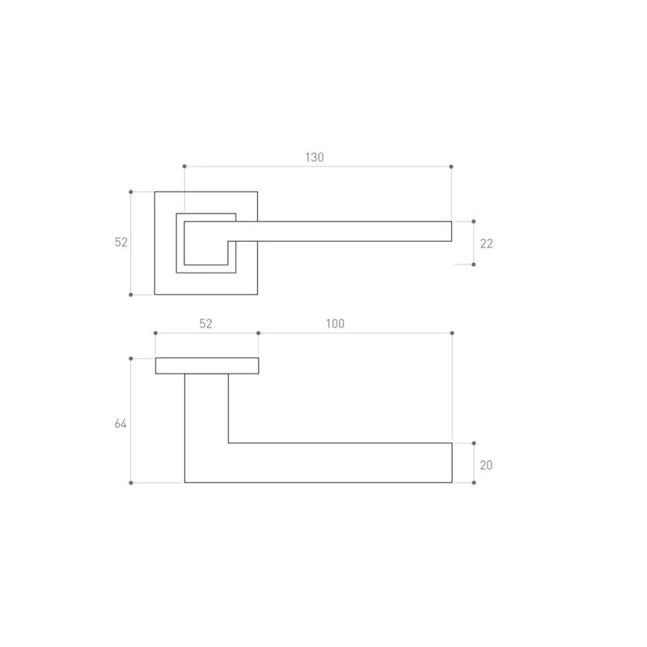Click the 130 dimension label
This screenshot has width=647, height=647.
(x=315, y=157)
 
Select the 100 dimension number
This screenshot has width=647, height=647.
(x=335, y=324)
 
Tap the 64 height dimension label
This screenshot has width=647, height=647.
(x=121, y=424)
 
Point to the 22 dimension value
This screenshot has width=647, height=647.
(x=487, y=244)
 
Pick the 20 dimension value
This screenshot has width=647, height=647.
(x=486, y=466)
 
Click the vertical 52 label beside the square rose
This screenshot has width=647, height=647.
(x=121, y=242)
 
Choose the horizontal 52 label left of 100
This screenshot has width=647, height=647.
(x=205, y=324)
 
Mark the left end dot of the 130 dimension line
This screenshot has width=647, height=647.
(x=184, y=167)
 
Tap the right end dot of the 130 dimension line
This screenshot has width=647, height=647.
(x=451, y=167)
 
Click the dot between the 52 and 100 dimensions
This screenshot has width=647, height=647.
(x=258, y=333)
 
